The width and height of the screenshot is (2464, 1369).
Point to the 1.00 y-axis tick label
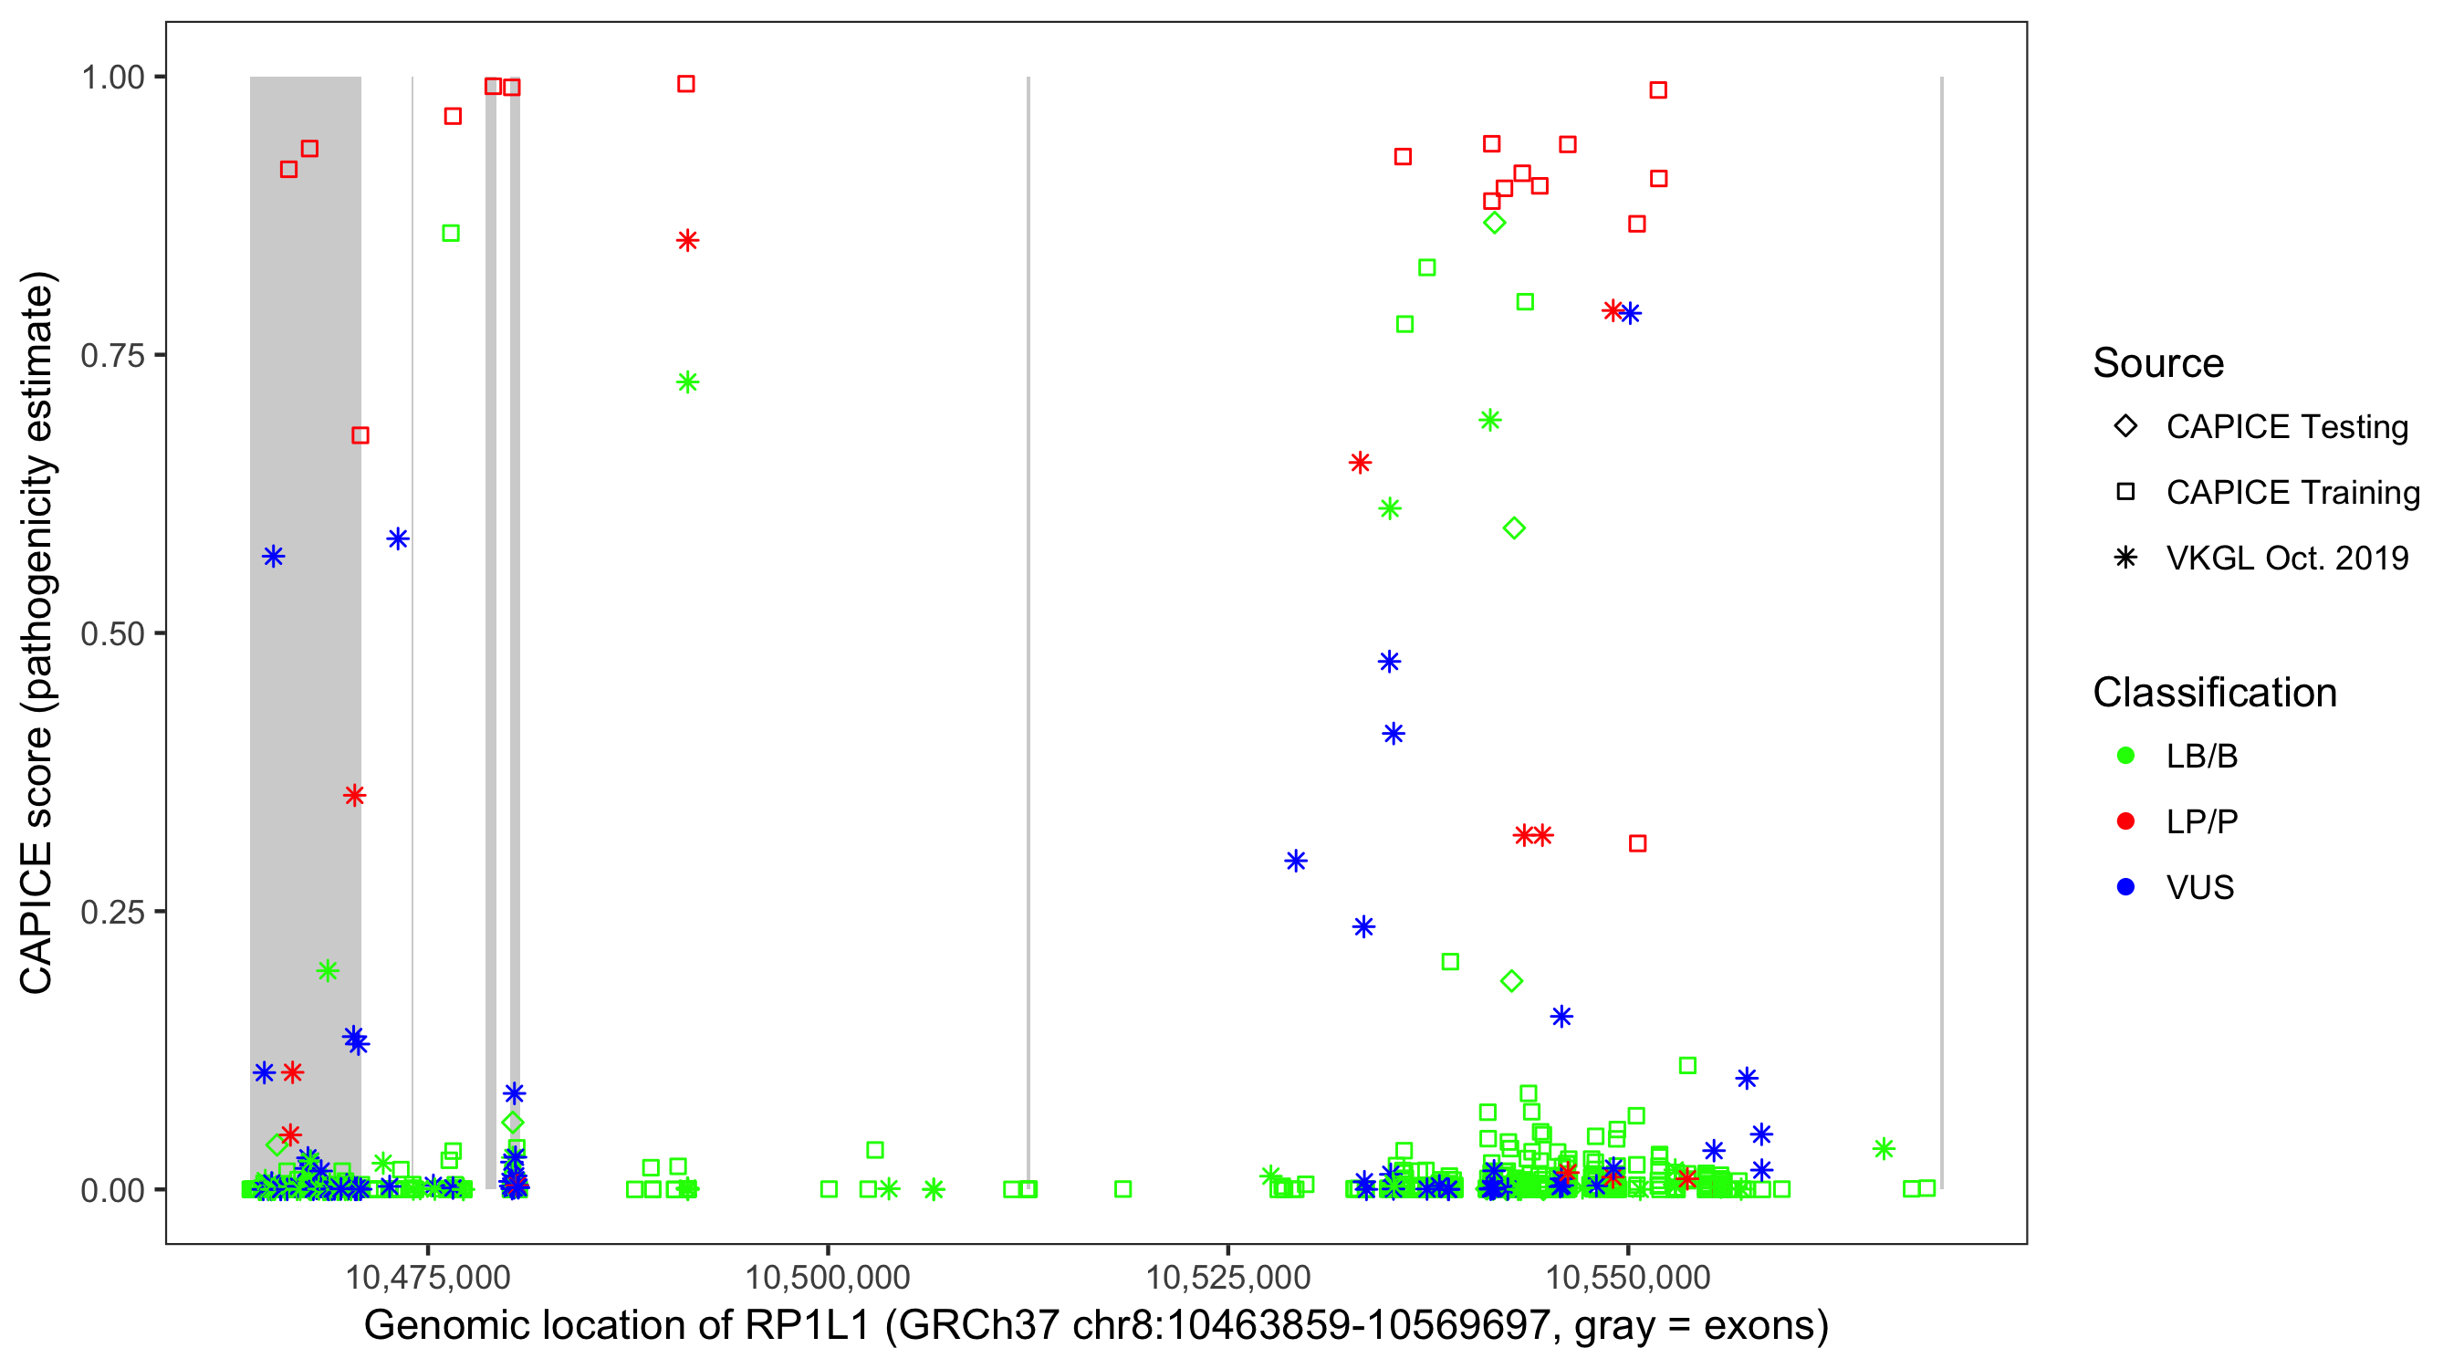[112, 77]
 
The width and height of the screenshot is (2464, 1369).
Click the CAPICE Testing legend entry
[2286, 427]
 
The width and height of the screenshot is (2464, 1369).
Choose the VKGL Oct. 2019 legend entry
[2286, 558]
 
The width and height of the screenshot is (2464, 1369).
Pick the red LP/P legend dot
[2125, 821]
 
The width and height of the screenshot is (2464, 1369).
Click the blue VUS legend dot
[2125, 887]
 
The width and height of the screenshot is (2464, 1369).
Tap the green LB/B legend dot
[2125, 756]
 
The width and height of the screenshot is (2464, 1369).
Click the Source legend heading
[2158, 363]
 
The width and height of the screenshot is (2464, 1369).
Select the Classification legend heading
[2214, 693]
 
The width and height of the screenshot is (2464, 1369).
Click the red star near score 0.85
[688, 240]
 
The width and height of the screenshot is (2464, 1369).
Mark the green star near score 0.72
[688, 382]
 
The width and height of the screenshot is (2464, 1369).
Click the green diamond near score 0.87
[1494, 223]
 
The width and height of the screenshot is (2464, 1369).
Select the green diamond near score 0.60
[1513, 528]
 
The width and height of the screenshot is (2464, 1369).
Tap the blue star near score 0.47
[1390, 662]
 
